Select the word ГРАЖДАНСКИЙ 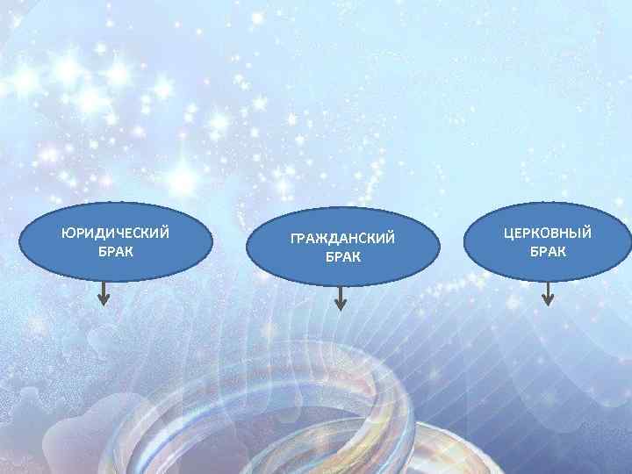click(x=343, y=239)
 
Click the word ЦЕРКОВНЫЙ click(x=547, y=233)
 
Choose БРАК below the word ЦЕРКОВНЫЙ click(x=548, y=251)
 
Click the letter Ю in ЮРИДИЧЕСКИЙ click(x=68, y=233)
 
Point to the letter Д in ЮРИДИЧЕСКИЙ click(x=97, y=234)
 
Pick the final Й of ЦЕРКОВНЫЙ click(x=585, y=233)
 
